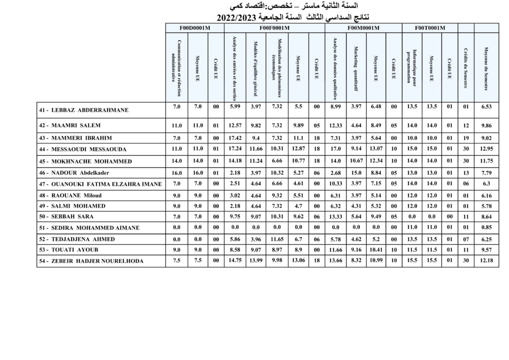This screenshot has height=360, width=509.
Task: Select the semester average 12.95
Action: pos(486,149)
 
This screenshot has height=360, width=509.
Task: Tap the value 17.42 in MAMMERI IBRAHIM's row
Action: pos(235,138)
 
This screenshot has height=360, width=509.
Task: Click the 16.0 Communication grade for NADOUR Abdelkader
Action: pos(177,173)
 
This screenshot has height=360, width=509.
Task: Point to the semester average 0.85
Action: pos(486,228)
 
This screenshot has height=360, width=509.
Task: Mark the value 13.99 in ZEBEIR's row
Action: pos(256,261)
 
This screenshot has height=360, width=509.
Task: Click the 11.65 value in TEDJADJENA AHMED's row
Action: pos(277,239)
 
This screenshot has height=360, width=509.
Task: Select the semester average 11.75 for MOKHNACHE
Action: pos(486,161)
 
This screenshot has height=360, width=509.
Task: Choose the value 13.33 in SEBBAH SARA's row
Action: pos(336,217)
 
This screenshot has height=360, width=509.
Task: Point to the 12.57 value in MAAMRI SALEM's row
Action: pos(235,125)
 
